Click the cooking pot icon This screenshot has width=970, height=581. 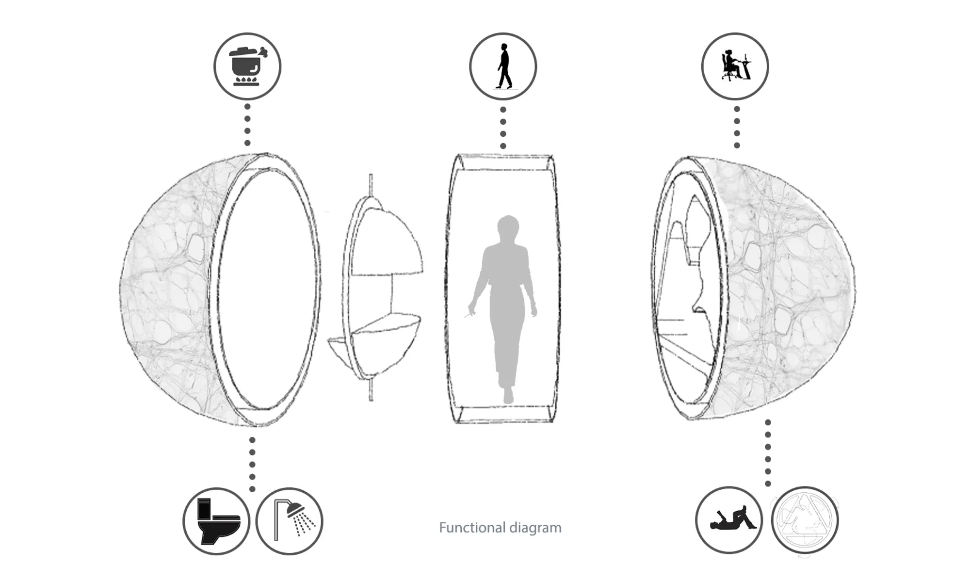click(x=247, y=66)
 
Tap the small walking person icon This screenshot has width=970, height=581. click(x=503, y=66)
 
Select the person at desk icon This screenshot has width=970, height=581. click(x=735, y=65)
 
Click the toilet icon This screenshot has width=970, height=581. click(x=218, y=521)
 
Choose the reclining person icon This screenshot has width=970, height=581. click(x=732, y=518)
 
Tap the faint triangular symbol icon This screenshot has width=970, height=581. click(x=805, y=520)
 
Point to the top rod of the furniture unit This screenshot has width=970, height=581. click(x=371, y=185)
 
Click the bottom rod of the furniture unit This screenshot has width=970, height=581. click(x=371, y=390)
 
